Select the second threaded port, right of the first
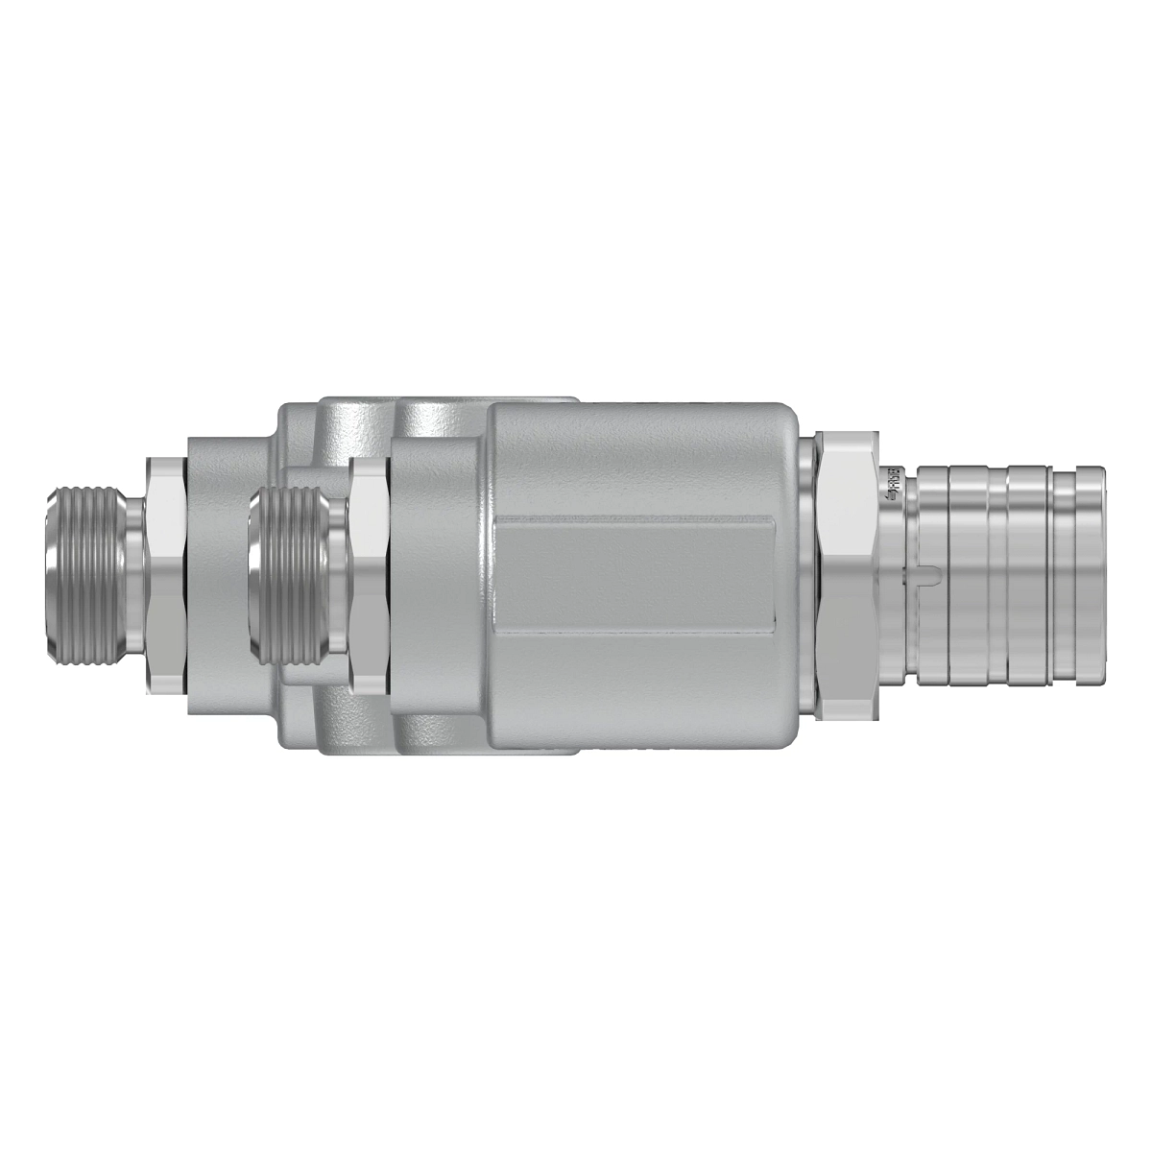[x=288, y=576]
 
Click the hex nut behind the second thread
[x=368, y=576]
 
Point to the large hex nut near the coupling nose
[x=845, y=576]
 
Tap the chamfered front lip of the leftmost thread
[x=53, y=576]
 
